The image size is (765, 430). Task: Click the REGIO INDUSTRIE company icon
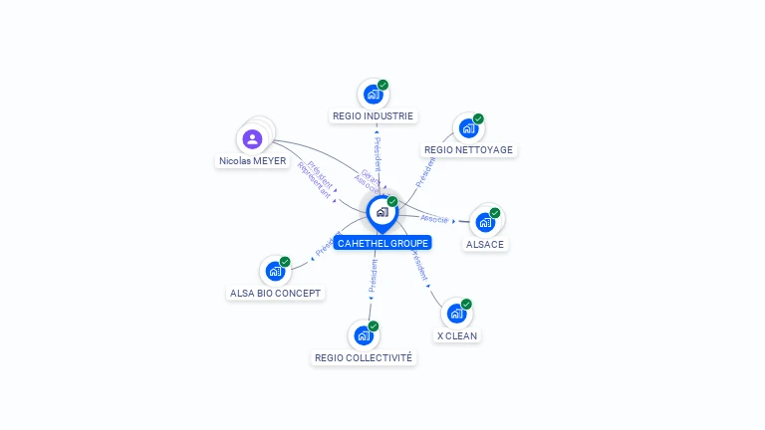click(373, 95)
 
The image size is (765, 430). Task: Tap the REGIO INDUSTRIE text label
click(374, 116)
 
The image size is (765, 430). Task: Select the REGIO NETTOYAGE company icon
click(467, 128)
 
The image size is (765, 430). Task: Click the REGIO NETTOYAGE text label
click(468, 150)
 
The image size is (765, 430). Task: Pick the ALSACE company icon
click(485, 222)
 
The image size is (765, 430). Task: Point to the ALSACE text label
click(485, 244)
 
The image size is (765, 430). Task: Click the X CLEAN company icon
click(456, 314)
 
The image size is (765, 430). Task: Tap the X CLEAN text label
click(457, 335)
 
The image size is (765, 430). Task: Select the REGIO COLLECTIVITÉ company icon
click(364, 335)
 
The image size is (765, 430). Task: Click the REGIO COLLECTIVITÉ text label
click(364, 357)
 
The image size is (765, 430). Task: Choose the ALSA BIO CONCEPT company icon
click(275, 271)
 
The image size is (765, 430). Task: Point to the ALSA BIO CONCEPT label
click(276, 293)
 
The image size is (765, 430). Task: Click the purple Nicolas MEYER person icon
click(252, 139)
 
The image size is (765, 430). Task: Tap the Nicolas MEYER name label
click(253, 161)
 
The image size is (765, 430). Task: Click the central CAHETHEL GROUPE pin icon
click(382, 212)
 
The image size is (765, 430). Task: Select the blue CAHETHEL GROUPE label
click(382, 243)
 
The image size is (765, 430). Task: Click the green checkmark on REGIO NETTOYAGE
click(478, 118)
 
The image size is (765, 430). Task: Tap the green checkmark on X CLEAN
click(466, 304)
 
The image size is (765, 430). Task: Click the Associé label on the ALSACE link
click(434, 218)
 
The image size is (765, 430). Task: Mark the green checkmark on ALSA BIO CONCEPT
click(285, 262)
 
